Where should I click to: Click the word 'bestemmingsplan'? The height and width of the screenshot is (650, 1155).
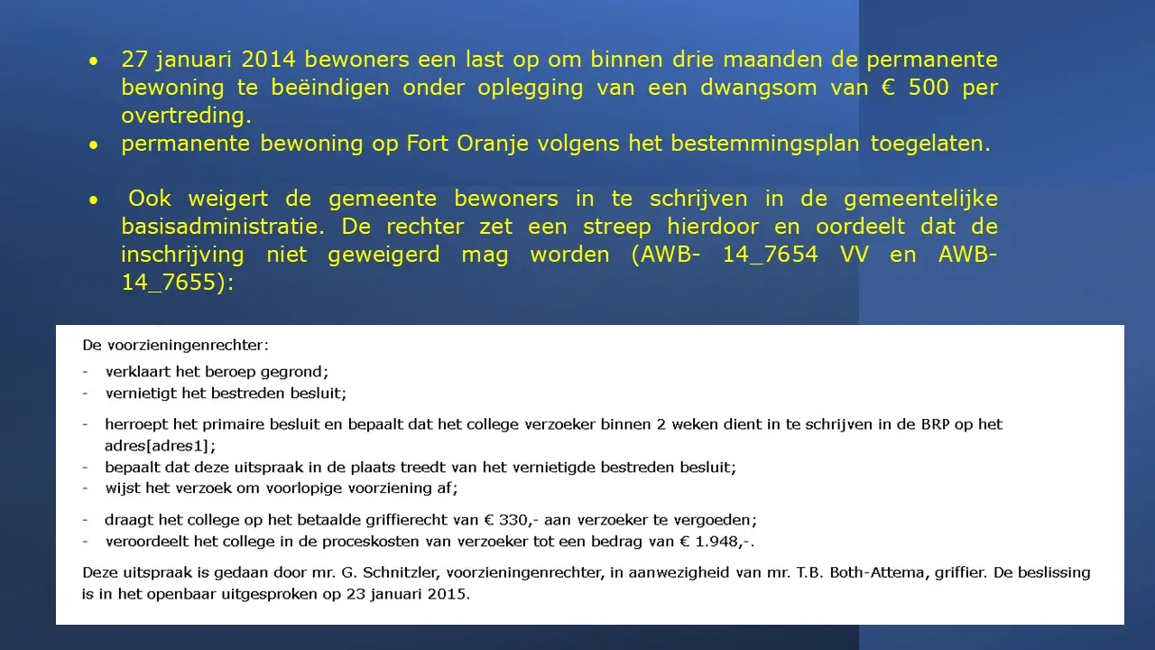coord(764,144)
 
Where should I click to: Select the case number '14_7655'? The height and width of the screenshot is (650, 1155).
coord(171,283)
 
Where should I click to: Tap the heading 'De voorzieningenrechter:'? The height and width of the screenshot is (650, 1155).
coord(175,345)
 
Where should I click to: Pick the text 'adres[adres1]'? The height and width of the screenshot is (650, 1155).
coord(160,445)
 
